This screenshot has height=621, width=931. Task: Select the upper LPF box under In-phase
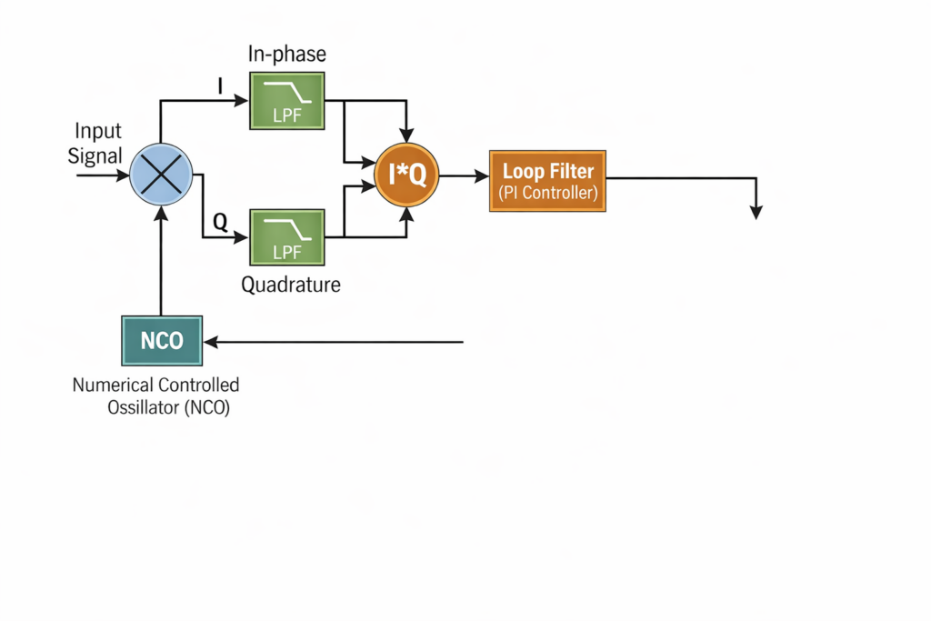coord(287,100)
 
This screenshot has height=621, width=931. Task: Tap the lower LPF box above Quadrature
coord(287,237)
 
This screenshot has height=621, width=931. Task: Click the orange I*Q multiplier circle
coord(407,174)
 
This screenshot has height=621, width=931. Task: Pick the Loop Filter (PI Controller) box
coord(547,180)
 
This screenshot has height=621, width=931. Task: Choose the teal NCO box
coord(162,341)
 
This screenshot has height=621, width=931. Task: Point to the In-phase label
coord(286,55)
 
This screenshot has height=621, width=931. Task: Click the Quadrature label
coord(291,285)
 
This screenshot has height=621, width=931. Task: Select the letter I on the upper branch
coord(219,86)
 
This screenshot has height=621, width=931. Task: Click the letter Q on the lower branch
coord(219,220)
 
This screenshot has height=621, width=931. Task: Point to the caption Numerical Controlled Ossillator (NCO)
coord(155,396)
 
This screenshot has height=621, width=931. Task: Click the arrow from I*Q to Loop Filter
coord(465,176)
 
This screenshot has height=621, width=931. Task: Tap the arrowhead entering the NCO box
coord(211,342)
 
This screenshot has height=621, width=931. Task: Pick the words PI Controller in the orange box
coord(547,193)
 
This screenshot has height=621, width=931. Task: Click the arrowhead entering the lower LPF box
coord(243,238)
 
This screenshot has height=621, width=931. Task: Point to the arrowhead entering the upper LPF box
coord(243,101)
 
